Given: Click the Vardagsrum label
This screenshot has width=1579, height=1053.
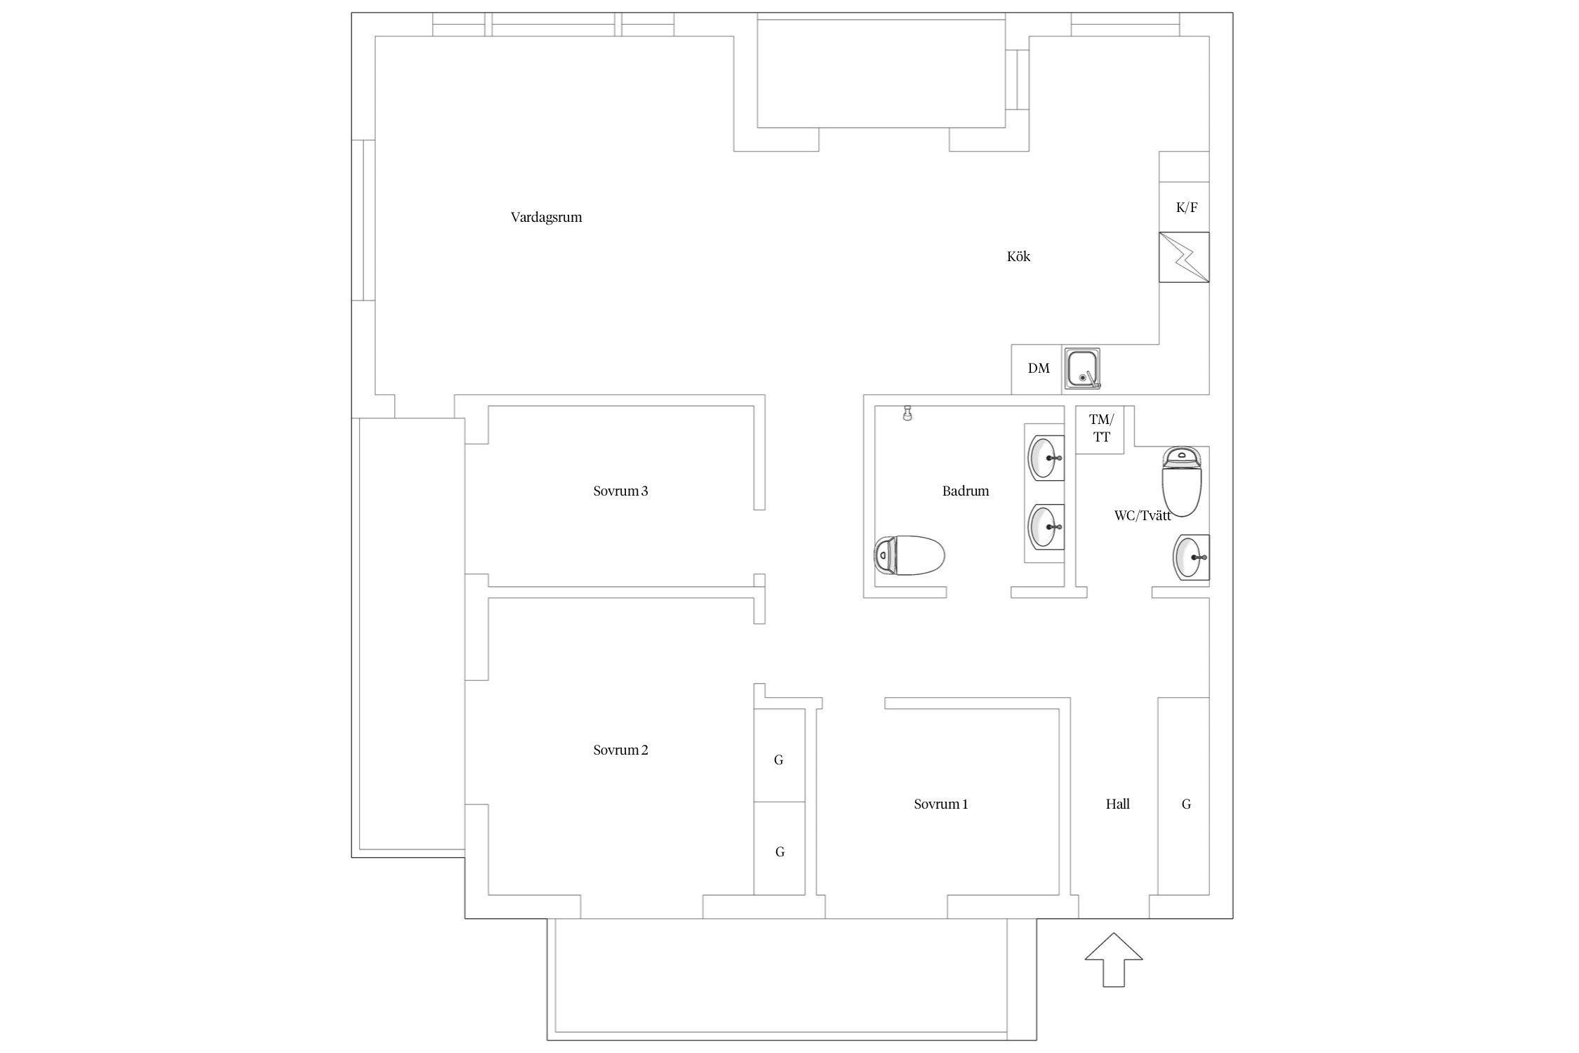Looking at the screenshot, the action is [546, 218].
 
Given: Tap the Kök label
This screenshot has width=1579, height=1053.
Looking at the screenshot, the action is [1018, 256].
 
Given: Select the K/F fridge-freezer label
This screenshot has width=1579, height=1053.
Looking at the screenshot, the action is [1187, 207].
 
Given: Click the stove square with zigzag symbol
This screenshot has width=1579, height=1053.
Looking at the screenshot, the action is [1184, 257].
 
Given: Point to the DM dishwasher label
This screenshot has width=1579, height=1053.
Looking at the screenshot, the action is [1039, 369].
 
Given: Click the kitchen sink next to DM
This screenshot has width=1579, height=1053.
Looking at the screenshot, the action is [1081, 369].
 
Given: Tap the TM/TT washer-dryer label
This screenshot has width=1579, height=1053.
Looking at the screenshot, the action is [1101, 428].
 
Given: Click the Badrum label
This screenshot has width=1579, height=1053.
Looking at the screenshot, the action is [966, 491].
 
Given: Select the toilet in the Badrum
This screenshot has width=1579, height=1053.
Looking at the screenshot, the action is [910, 555].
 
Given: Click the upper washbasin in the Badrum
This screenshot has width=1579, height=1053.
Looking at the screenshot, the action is [1046, 458].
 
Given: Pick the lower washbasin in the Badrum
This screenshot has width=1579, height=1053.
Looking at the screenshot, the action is [1046, 526].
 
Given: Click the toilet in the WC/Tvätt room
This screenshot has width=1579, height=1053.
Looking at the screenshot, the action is [1182, 481].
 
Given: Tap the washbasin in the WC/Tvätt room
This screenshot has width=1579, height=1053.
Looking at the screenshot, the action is [1192, 557].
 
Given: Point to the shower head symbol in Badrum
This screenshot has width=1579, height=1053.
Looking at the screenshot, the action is [908, 413].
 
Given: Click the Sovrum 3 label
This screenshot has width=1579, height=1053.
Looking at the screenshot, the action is [620, 491].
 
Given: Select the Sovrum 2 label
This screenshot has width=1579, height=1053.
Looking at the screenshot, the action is [620, 750].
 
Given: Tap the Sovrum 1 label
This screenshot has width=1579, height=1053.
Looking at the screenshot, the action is [940, 804].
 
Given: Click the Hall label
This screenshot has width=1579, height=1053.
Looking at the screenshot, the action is [1117, 804].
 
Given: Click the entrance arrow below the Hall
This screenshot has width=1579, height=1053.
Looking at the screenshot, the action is [1114, 960].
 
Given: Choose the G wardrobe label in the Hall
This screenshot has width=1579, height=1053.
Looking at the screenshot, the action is [1186, 804].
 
